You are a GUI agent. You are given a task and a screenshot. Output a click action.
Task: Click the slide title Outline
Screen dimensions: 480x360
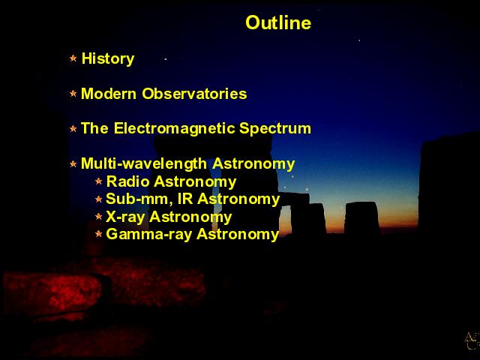pyautogui.click(x=278, y=22)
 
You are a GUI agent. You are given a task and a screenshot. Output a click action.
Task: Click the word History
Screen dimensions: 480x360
pyautogui.click(x=108, y=58)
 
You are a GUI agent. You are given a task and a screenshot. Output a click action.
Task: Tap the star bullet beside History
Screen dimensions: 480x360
pyautogui.click(x=73, y=58)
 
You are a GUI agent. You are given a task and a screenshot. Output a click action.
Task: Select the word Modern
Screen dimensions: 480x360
pyautogui.click(x=108, y=93)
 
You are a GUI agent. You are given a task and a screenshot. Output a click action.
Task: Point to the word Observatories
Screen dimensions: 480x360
pyautogui.click(x=194, y=93)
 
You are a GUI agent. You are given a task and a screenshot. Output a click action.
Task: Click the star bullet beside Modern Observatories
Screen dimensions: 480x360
pyautogui.click(x=73, y=93)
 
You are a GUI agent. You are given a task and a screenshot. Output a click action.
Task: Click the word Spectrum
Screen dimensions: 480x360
pyautogui.click(x=275, y=128)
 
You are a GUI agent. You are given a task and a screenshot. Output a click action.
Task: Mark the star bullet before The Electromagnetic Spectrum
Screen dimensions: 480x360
pyautogui.click(x=73, y=128)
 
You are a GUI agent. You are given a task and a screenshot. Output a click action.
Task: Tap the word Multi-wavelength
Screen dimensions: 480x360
pyautogui.click(x=144, y=163)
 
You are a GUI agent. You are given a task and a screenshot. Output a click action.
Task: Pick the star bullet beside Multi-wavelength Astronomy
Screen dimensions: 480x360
pyautogui.click(x=73, y=163)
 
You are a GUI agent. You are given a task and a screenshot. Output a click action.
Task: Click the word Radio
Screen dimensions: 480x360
pyautogui.click(x=127, y=181)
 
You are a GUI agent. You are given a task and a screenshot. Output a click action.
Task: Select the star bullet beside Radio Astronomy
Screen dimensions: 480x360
pyautogui.click(x=98, y=181)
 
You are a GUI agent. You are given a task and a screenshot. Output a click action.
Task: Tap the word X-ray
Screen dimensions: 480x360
pyautogui.click(x=125, y=217)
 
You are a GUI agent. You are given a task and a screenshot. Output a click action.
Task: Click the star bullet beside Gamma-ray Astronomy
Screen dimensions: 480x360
pyautogui.click(x=98, y=234)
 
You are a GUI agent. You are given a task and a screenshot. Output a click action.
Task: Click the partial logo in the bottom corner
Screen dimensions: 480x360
pyautogui.click(x=472, y=340)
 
